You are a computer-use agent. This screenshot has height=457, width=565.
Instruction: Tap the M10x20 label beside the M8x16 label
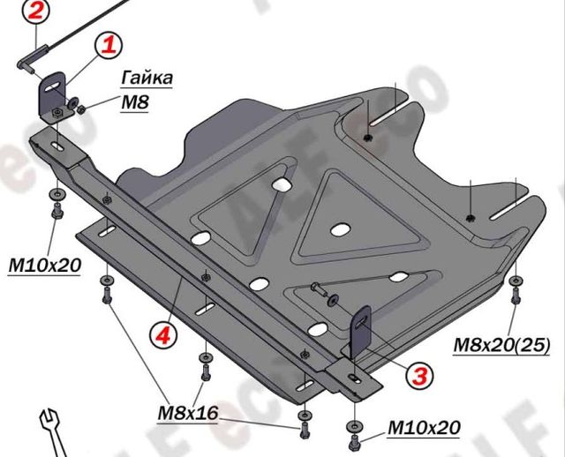[x=424, y=429]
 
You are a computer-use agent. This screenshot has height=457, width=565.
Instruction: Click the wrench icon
[x=50, y=433]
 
